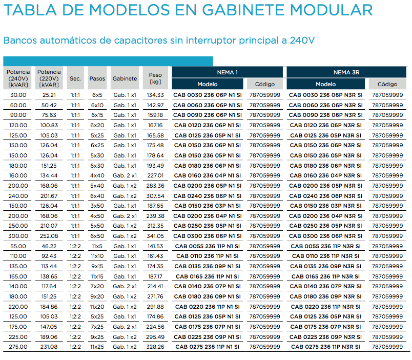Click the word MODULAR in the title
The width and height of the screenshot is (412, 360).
(331, 10)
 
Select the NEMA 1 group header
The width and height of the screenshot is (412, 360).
(228, 72)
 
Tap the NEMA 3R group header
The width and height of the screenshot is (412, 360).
(346, 72)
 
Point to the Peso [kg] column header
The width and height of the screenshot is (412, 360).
(155, 78)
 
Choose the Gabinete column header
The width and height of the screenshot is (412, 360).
(125, 78)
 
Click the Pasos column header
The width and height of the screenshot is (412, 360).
(97, 78)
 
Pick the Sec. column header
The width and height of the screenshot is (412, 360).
(75, 78)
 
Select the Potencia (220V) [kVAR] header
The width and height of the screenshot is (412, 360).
(49, 78)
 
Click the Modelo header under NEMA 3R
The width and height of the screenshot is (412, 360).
(325, 84)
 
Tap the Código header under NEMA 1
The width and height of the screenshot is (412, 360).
(265, 84)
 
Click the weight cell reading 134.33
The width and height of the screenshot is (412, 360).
(155, 95)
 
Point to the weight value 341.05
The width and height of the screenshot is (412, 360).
(155, 236)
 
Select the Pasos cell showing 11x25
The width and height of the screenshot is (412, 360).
(97, 347)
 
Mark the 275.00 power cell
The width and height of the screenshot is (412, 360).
(18, 347)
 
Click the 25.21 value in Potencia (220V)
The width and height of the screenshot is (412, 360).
(49, 95)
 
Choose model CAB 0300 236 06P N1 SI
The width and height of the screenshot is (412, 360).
(208, 236)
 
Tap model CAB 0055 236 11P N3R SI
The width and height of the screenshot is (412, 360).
(325, 246)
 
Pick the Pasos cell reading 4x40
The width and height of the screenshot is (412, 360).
(97, 176)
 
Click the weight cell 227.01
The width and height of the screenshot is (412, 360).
(155, 176)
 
